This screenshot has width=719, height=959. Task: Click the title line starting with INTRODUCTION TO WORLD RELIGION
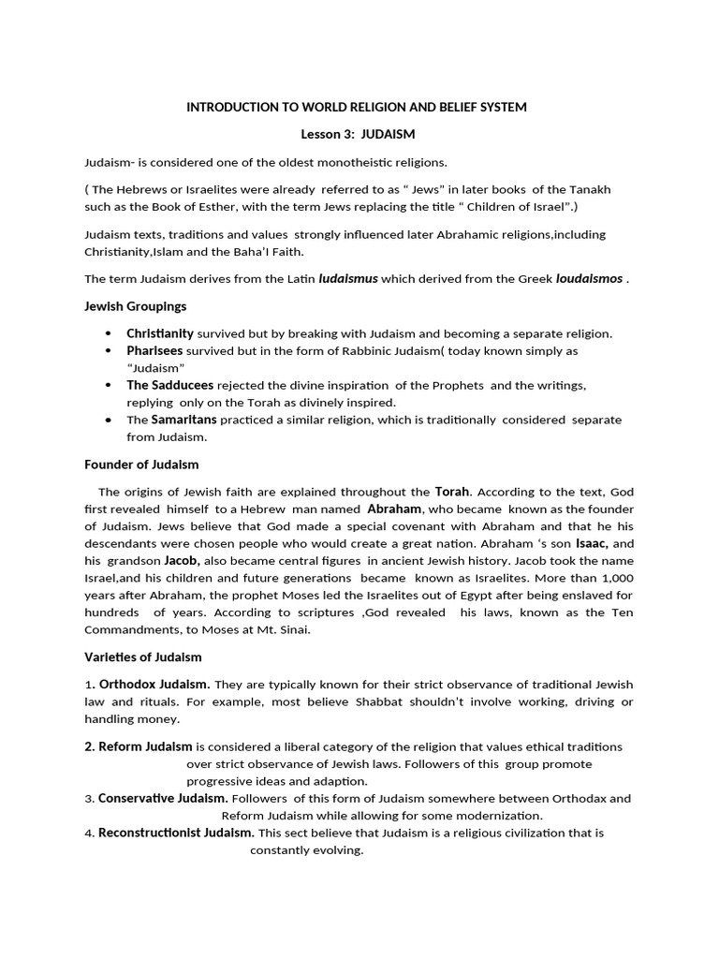point(357,108)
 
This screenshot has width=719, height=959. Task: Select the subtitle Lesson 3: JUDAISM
point(357,135)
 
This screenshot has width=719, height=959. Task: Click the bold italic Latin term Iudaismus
point(348,278)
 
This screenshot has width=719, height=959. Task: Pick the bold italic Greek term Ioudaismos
point(589,278)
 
